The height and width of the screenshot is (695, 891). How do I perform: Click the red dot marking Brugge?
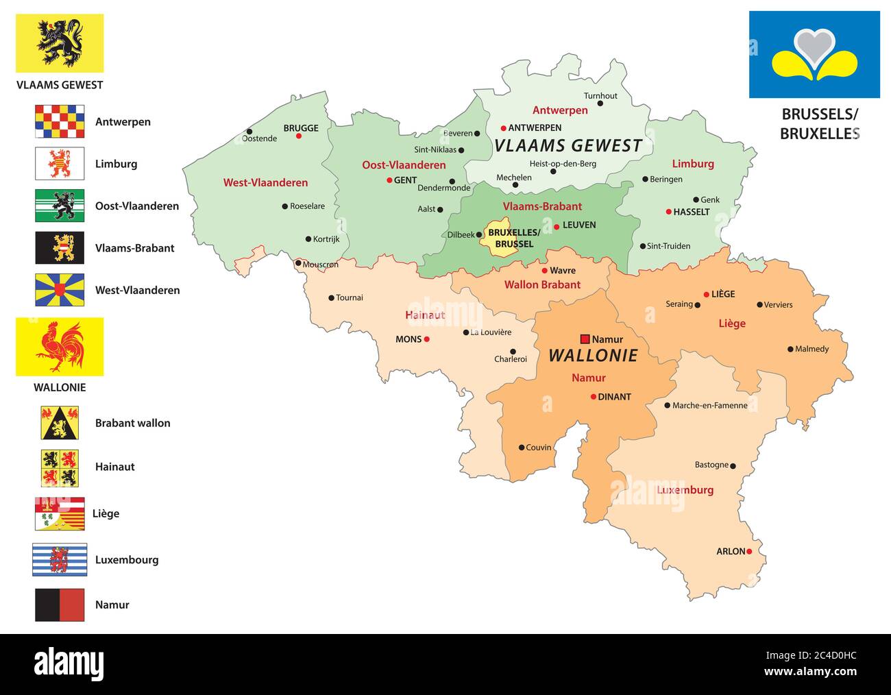tap(299, 136)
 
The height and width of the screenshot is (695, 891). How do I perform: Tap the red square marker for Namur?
tap(585, 339)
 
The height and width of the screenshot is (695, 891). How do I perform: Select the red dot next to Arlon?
tap(749, 551)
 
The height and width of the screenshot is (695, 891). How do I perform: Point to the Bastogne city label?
tap(711, 465)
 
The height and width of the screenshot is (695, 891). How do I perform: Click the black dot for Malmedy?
tap(790, 349)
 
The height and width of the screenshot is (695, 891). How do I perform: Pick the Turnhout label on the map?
tap(600, 96)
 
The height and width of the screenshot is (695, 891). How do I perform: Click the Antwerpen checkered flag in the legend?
tap(60, 121)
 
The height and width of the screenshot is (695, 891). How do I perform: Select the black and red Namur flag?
tap(60, 605)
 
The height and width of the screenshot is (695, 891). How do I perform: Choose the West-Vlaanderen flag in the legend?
tap(60, 290)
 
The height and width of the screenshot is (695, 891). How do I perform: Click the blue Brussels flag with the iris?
tap(814, 54)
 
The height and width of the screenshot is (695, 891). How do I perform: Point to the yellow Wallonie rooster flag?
tap(60, 346)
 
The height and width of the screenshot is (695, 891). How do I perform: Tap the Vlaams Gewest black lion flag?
tap(60, 43)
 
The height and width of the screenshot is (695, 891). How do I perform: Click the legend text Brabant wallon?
tap(132, 423)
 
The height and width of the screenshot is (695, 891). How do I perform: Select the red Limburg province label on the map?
tap(692, 163)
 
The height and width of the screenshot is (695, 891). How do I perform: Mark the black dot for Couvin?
tap(522, 448)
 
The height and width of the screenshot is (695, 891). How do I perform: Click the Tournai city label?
tap(350, 297)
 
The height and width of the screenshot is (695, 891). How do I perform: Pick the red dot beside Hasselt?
tap(668, 212)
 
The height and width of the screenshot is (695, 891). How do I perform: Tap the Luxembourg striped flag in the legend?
tap(60, 559)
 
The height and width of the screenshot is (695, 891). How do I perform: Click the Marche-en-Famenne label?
tap(709, 405)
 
